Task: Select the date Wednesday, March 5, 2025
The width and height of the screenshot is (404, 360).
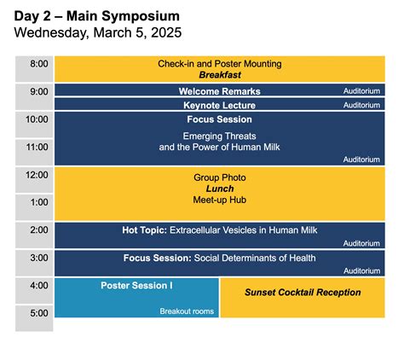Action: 97,32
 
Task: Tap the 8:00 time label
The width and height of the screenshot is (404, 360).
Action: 38,64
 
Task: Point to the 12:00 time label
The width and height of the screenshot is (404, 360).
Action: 38,176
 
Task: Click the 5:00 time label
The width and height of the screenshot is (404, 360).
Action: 38,313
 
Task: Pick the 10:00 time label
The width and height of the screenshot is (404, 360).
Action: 38,120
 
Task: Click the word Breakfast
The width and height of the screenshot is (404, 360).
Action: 219,76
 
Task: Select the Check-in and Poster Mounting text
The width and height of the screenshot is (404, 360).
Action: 219,64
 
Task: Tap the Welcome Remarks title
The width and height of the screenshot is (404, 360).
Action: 219,91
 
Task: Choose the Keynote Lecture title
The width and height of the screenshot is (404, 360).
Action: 219,106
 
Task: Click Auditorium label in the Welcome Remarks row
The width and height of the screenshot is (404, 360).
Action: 361,91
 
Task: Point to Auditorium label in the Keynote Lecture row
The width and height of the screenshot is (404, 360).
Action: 361,106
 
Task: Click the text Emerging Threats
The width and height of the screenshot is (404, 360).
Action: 219,136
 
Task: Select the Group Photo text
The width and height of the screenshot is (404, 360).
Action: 219,177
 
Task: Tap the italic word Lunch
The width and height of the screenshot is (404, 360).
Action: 219,188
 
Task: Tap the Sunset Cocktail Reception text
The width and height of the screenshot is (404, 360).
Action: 303,293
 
